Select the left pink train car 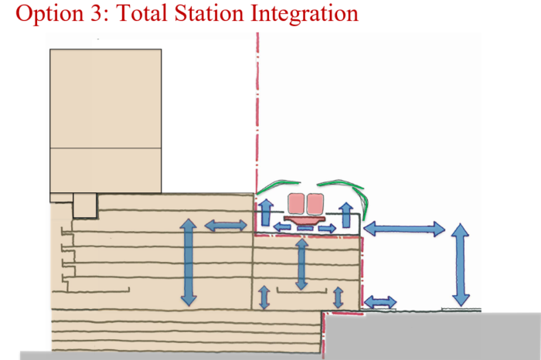(297, 204)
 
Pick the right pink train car (314, 204)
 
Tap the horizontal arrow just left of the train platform (226, 226)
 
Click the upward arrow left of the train (265, 211)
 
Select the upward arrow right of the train (347, 214)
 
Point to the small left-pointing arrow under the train (281, 227)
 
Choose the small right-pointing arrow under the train (328, 228)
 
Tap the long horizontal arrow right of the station (404, 229)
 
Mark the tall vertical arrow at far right (461, 263)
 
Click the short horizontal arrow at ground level (380, 301)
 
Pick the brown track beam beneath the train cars (305, 220)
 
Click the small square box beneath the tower (84, 206)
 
